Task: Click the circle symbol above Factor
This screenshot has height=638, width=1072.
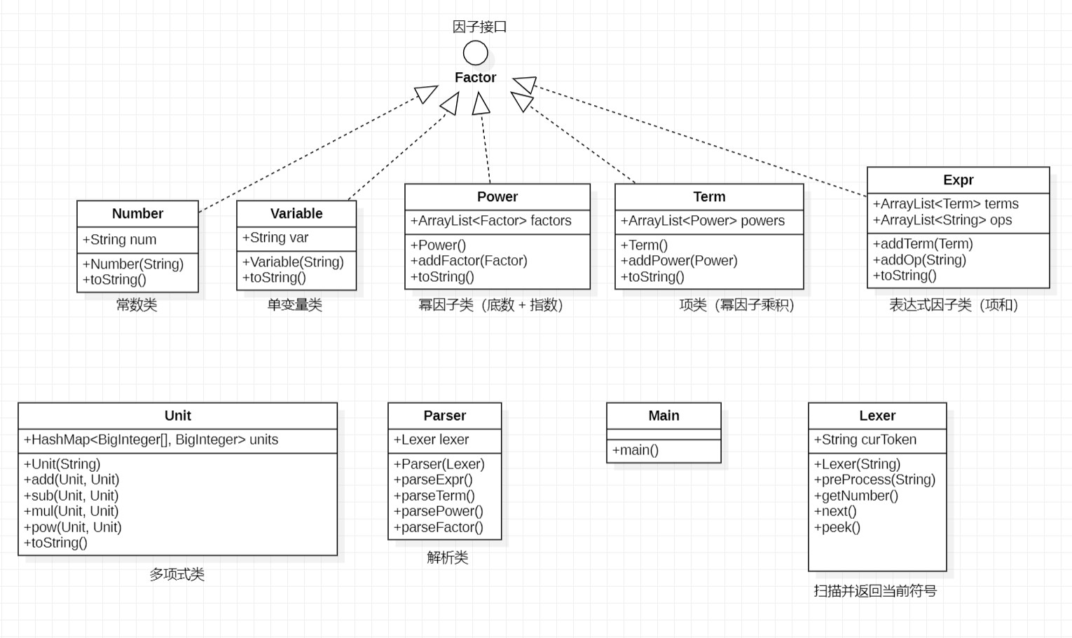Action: [475, 53]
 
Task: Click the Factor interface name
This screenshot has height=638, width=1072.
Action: [475, 78]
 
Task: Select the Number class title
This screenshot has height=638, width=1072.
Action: [137, 214]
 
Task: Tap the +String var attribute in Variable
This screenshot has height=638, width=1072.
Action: [275, 238]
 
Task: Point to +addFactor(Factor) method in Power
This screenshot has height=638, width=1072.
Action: [469, 261]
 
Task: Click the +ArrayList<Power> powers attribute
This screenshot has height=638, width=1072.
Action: [702, 221]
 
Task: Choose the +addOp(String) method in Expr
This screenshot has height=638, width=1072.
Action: [919, 260]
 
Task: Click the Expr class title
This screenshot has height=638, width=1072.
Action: [958, 180]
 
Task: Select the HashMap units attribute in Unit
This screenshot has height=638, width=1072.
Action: [151, 440]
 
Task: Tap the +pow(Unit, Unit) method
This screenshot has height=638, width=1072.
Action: [73, 527]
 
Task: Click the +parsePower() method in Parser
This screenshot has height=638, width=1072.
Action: [438, 511]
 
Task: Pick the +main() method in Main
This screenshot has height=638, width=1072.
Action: [635, 450]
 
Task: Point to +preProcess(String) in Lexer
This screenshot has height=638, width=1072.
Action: [874, 480]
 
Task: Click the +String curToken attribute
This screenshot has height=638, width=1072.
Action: [865, 440]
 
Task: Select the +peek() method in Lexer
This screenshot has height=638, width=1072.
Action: [837, 527]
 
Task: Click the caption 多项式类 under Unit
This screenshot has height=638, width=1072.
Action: [177, 575]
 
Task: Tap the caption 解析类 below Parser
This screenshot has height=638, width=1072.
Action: [447, 558]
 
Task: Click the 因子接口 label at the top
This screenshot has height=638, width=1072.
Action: [479, 27]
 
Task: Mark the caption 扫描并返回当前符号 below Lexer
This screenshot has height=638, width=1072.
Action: [875, 591]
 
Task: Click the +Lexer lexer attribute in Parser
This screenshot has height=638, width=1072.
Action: [431, 440]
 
